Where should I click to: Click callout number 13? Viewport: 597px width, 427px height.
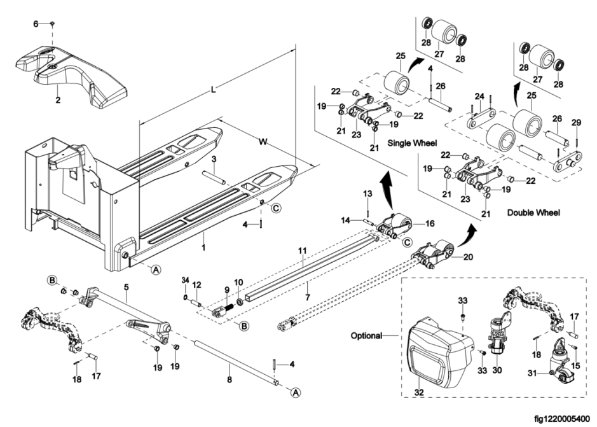pos(367,193)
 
